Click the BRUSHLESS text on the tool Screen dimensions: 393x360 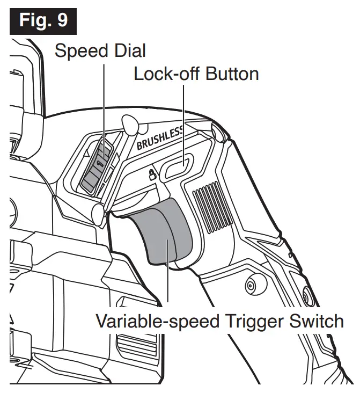160,137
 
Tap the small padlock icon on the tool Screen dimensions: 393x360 152,174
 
